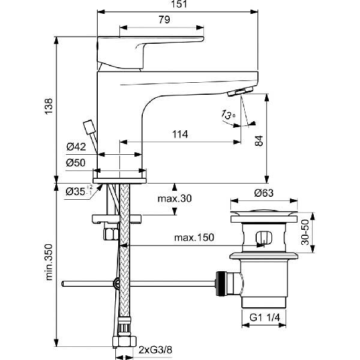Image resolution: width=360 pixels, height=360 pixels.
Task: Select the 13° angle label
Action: pyautogui.click(x=227, y=113)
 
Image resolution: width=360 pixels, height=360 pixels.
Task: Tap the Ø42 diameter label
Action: pyautogui.click(x=78, y=146)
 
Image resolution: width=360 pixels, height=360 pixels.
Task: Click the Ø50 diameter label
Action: pyautogui.click(x=78, y=162)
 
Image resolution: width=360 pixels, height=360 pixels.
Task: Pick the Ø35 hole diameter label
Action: pyautogui.click(x=77, y=191)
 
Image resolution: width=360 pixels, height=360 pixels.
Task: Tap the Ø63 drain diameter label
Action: pyautogui.click(x=264, y=193)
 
